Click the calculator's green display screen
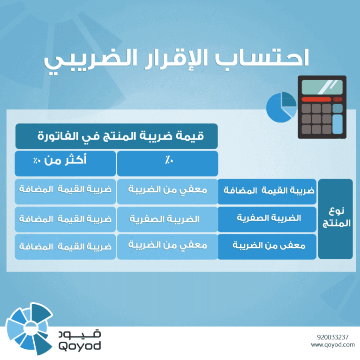click(x=322, y=87)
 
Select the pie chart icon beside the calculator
click(x=281, y=107)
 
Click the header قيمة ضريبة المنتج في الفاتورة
click(x=116, y=136)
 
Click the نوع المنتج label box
click(x=335, y=218)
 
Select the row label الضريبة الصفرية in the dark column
click(x=267, y=218)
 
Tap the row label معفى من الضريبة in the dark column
click(x=267, y=246)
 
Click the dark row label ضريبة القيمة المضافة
click(x=267, y=191)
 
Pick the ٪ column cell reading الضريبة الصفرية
click(x=167, y=219)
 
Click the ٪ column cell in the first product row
click(x=167, y=191)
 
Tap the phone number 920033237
click(x=332, y=337)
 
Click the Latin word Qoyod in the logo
click(x=80, y=346)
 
